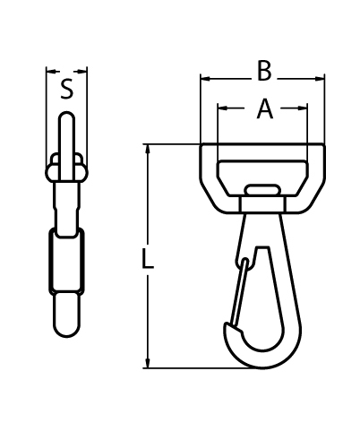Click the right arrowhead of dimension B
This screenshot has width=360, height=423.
pos(319,79)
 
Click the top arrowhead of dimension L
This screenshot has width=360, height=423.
pos(148,149)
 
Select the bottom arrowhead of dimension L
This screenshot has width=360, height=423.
pos(148,362)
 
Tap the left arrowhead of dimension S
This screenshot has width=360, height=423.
pos(50,70)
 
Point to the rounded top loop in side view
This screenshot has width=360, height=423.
pos(67,134)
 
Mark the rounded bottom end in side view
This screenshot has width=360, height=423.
pos(67,318)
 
